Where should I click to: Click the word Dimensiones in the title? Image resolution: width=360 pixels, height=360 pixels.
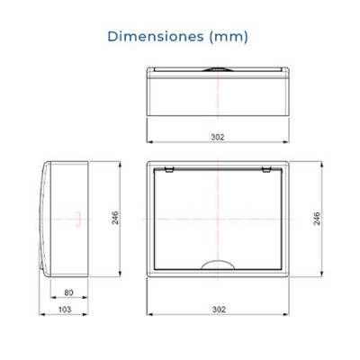[x=156, y=37]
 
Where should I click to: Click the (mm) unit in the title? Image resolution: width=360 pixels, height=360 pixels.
[x=229, y=37]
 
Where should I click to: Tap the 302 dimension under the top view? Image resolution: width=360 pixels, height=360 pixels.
[x=218, y=137]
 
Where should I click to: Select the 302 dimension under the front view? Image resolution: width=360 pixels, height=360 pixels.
[x=219, y=310]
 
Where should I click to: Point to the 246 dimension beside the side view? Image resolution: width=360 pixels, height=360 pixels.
[x=115, y=218]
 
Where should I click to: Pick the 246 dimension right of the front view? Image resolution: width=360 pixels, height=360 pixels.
[x=317, y=219]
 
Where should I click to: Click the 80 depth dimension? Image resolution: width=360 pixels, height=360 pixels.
[x=68, y=292]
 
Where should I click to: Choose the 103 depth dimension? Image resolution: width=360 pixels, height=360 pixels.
[x=65, y=310]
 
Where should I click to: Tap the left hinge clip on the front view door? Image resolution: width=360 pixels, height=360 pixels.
[x=169, y=170]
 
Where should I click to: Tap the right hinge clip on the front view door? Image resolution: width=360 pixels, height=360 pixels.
[x=266, y=170]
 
